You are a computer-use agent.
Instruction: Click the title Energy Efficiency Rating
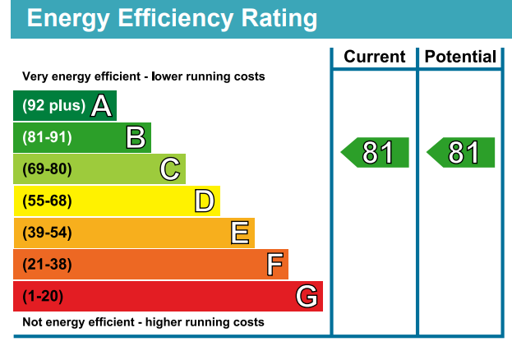point(172,18)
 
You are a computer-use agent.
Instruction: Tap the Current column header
point(374,57)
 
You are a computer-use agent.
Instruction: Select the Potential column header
point(460,57)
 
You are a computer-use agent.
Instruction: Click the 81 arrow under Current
point(375,153)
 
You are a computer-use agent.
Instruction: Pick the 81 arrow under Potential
point(461,153)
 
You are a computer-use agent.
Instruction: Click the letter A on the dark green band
point(101,106)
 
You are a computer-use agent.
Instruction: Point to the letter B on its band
point(136,137)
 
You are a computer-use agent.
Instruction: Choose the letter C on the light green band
point(169,169)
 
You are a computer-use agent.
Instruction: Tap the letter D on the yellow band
point(204,201)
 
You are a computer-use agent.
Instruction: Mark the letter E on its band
point(239,233)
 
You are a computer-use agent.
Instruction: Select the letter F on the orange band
point(274,265)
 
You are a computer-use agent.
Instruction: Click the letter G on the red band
point(307,296)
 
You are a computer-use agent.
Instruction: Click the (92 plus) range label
point(53,106)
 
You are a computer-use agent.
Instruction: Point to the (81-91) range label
point(48,137)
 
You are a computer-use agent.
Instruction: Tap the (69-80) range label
point(48,169)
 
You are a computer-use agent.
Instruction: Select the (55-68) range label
point(48,201)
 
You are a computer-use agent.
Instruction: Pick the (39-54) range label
point(48,233)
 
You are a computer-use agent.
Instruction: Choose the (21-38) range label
point(48,265)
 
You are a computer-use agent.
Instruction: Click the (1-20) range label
point(43,296)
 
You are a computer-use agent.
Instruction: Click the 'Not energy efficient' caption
point(143,322)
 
